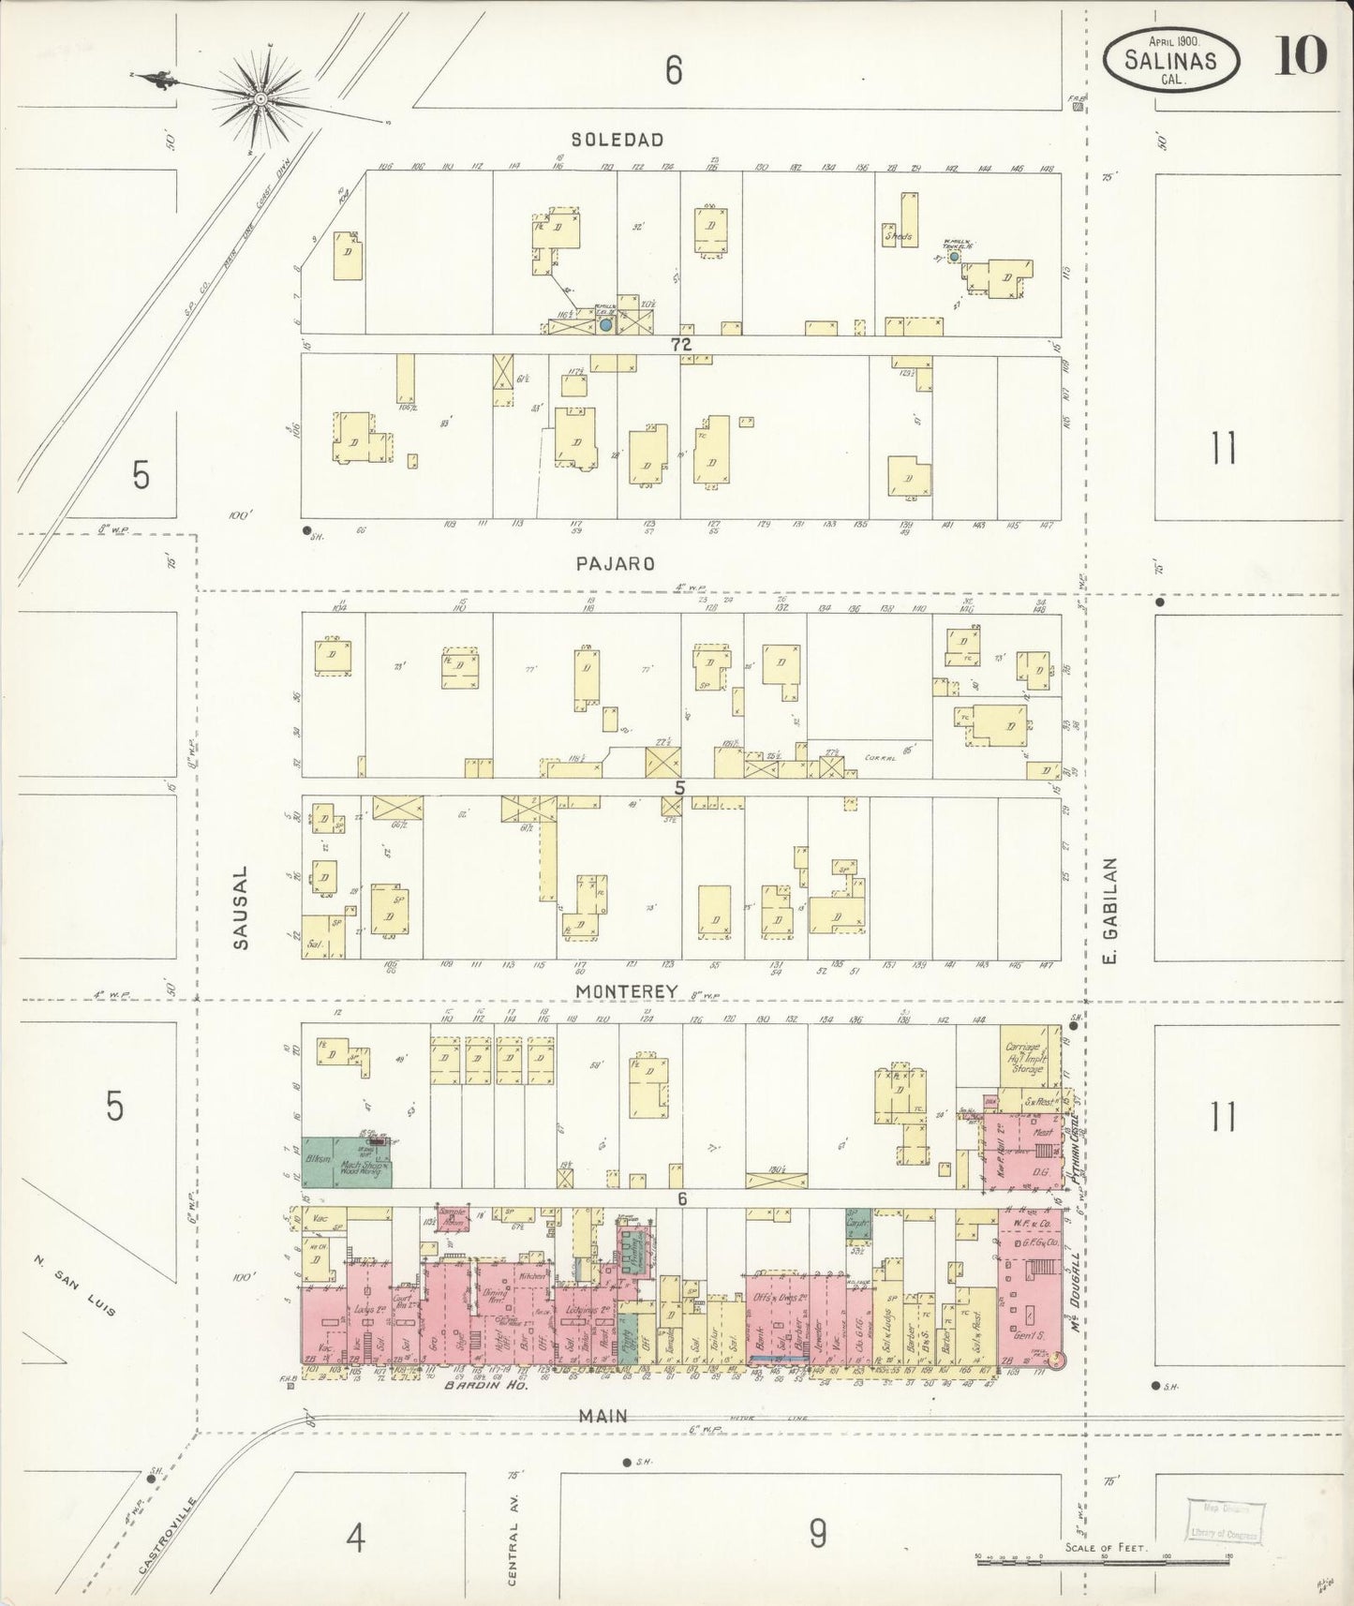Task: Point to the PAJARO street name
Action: coord(615,564)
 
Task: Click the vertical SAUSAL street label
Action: coord(242,907)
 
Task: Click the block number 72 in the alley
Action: coord(680,345)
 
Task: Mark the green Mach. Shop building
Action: coord(365,1164)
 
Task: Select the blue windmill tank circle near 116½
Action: coord(605,324)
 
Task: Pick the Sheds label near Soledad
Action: coord(898,238)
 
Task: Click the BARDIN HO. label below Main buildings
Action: coord(486,1384)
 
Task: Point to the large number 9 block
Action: coord(818,1533)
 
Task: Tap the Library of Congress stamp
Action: coord(1224,1524)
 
